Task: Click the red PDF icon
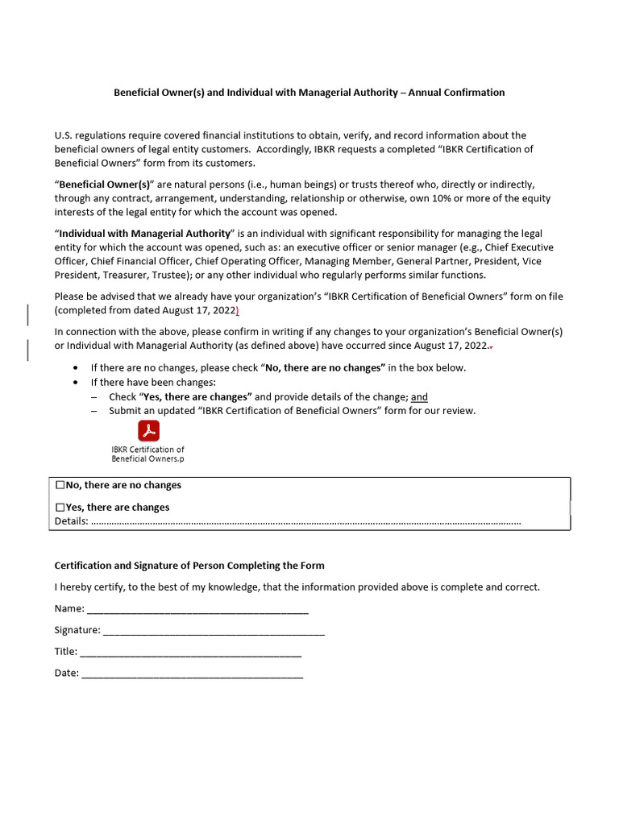(148, 430)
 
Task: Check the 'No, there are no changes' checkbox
(60, 486)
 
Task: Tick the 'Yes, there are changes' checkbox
(60, 508)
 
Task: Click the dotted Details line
(306, 522)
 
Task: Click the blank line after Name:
(197, 609)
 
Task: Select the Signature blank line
(214, 631)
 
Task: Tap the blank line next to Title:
(191, 652)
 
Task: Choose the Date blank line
(193, 674)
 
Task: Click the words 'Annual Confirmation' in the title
(456, 93)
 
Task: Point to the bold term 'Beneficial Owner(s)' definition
(105, 184)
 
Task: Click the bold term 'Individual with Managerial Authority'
(144, 234)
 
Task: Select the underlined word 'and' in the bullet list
(419, 397)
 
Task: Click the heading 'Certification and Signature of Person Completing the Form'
(189, 566)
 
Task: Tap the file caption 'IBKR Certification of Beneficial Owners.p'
(147, 454)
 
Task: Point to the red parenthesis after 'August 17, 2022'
(237, 310)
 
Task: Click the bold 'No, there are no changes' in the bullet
(325, 368)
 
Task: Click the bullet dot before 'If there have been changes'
(75, 383)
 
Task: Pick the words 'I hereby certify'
(88, 587)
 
